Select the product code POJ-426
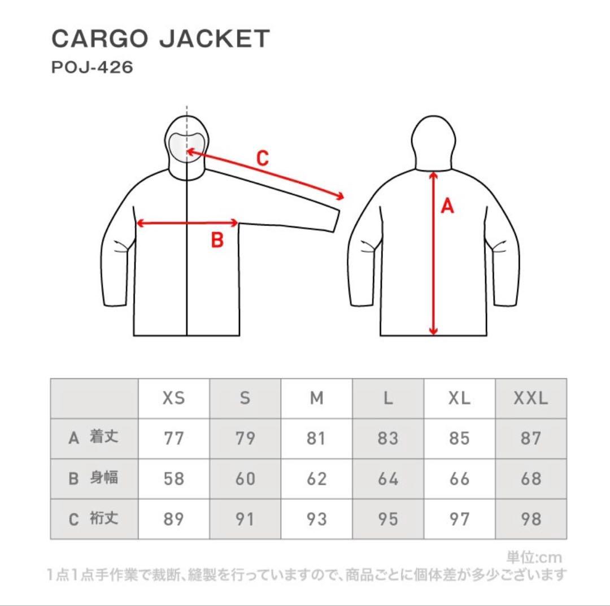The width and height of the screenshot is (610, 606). pos(92,67)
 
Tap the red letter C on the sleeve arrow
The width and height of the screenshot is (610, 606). pos(263,158)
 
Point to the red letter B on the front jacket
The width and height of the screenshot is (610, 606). pos(217,239)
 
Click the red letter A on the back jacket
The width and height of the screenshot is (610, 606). pos(447,206)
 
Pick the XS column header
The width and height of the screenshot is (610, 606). pos(173,398)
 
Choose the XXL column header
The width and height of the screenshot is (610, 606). pos(530,398)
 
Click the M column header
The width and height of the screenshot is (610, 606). pos(316,398)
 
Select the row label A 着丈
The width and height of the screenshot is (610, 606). pos(93,438)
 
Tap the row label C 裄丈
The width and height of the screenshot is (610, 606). pos(93,518)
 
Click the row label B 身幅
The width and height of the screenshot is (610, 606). pos(93,478)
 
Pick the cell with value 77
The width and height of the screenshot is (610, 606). pos(173,438)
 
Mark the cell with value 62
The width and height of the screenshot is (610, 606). pos(316,479)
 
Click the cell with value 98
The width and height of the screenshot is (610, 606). pos(530,519)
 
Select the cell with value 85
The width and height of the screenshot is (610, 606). pos(459,438)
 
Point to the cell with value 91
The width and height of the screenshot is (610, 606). pos(245,519)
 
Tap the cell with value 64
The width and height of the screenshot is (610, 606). pos(388,479)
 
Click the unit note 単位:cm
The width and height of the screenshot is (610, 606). pos(534,557)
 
